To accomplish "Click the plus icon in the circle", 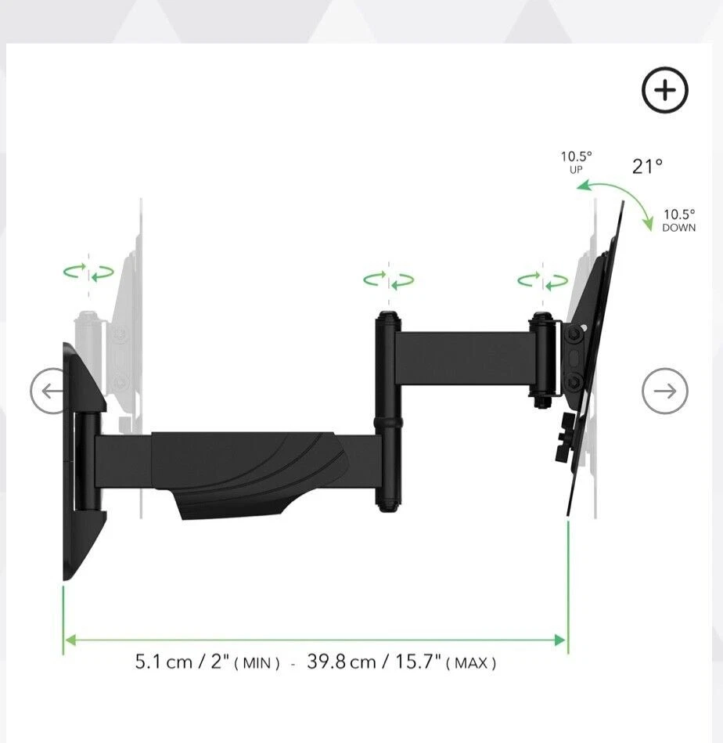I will tap(665, 91).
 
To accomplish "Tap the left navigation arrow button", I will tap(52, 391).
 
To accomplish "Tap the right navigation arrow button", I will tap(665, 391).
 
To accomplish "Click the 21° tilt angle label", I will tap(647, 166).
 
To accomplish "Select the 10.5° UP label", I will tap(576, 162).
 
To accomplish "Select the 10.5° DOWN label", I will tap(678, 220).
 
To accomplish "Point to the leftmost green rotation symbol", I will tap(88, 272).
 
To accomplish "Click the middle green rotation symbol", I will tap(388, 280).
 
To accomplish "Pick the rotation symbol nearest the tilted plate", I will tap(542, 280).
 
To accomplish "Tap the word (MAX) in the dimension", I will tap(471, 664).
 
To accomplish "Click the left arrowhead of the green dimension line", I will tap(70, 640).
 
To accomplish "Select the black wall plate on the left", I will tap(78, 462).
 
